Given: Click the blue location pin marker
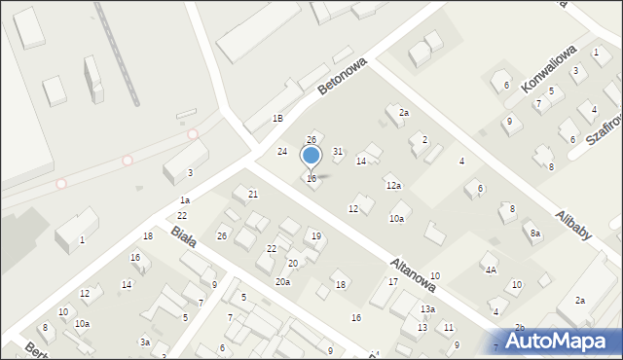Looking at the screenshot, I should coord(311,157).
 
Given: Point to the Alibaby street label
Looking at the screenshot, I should coord(572,232).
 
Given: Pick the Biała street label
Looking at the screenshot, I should coord(183,235).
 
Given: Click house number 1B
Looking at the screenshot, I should coord(277,118).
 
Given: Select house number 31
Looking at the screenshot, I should coord(338,151).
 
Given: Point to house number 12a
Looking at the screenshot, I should coord(393,185).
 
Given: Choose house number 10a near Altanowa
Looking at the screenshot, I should coord(397,219).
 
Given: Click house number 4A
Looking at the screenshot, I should coord(492,270).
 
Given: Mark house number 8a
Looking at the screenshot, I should coord(535,234).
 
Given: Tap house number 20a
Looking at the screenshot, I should coord(282,281).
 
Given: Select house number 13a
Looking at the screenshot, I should coord(427,308).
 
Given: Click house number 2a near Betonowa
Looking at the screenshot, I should coord(404,113).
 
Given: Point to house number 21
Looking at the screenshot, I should coord(253,195).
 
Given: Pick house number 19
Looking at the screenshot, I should coord(315,236).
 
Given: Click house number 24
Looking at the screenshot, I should coord(282,152).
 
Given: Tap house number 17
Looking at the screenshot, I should coord(392,281).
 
